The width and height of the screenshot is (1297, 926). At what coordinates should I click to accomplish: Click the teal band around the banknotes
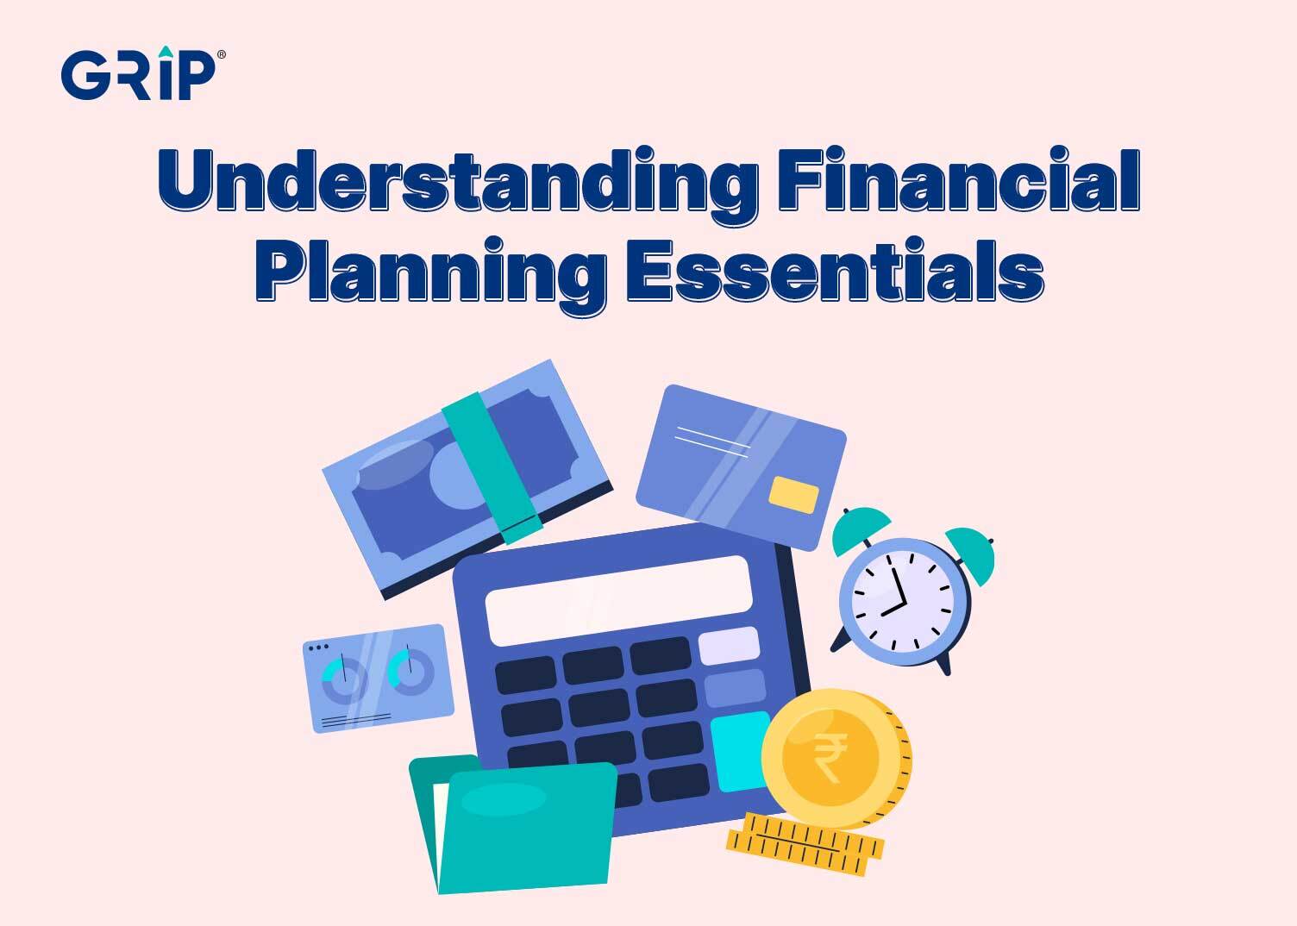pyautogui.click(x=492, y=466)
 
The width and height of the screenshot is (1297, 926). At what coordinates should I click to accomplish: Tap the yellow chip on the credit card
pyautogui.click(x=793, y=494)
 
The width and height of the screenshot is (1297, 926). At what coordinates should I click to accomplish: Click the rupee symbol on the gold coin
pyautogui.click(x=830, y=757)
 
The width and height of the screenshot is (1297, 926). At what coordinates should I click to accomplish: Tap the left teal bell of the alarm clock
pyautogui.click(x=861, y=528)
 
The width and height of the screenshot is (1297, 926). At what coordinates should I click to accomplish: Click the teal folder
pyautogui.click(x=517, y=828)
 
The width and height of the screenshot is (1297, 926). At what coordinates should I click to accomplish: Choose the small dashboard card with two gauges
pyautogui.click(x=379, y=678)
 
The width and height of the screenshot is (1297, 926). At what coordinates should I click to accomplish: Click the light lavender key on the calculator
pyautogui.click(x=729, y=645)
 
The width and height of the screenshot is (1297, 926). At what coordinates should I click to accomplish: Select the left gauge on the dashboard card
pyautogui.click(x=344, y=678)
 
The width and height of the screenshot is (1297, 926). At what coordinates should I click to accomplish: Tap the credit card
pyautogui.click(x=741, y=466)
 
